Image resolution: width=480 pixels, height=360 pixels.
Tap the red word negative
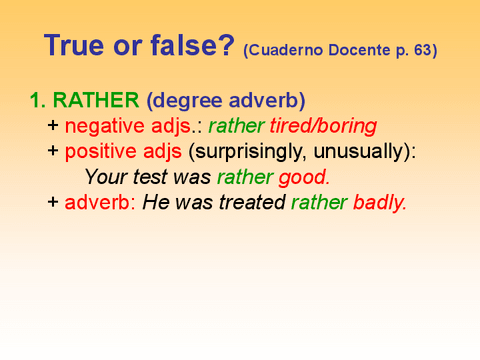point(105,126)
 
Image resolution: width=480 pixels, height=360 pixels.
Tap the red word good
point(303,177)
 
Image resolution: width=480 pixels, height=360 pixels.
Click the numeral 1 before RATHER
point(34,101)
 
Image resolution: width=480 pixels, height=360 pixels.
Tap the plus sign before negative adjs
point(53,126)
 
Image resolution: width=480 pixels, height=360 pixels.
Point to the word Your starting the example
point(105,177)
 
